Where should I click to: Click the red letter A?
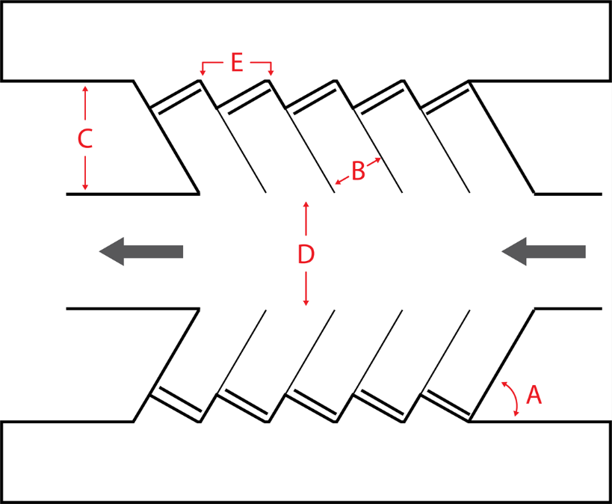point(534,394)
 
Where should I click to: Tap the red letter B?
point(358,171)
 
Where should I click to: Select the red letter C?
point(85,139)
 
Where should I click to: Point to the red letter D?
point(306,254)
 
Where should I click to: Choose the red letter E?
point(236,63)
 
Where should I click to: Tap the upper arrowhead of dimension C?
point(85,89)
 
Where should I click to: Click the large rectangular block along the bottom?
point(306,462)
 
